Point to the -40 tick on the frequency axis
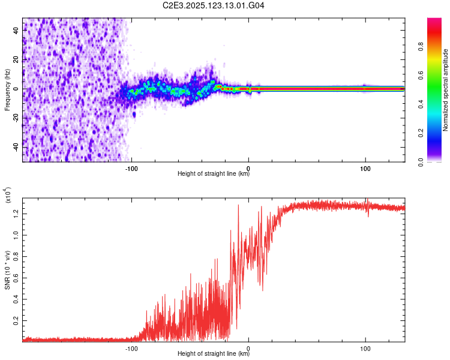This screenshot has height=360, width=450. click(x=16, y=146)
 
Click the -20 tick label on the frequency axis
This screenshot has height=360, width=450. click(x=16, y=118)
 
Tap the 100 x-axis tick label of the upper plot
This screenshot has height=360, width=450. click(x=365, y=168)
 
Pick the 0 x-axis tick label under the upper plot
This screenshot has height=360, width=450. click(x=249, y=168)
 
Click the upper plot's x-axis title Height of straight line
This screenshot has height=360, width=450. click(x=214, y=175)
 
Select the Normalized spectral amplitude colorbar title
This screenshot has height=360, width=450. click(x=446, y=90)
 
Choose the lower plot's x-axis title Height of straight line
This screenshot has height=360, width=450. click(x=214, y=355)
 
